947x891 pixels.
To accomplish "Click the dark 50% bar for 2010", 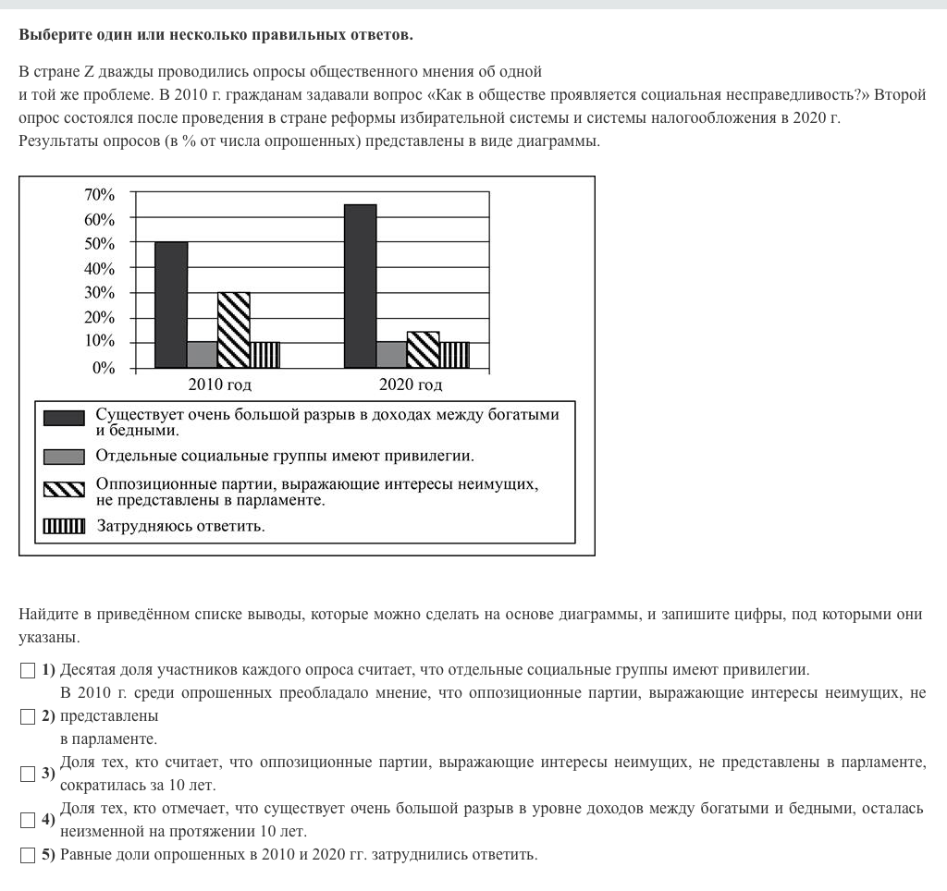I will pyautogui.click(x=171, y=305).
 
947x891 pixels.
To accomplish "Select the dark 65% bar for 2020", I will pyautogui.click(x=360, y=287).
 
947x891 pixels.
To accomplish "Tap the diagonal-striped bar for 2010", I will pyautogui.click(x=234, y=330).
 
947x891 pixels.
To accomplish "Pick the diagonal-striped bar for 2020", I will pyautogui.click(x=423, y=349).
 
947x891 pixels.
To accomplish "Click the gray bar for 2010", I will pyautogui.click(x=203, y=355).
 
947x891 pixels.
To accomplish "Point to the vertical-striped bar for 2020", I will pyautogui.click(x=454, y=355).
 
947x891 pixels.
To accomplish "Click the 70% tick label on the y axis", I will pyautogui.click(x=99, y=195).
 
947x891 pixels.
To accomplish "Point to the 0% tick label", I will pyautogui.click(x=104, y=368).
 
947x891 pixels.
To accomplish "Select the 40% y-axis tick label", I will pyautogui.click(x=99, y=269).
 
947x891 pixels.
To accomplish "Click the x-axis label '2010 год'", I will pyautogui.click(x=220, y=384).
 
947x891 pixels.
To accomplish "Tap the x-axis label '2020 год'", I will pyautogui.click(x=411, y=384).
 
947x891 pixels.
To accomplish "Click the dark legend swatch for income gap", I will pyautogui.click(x=64, y=419).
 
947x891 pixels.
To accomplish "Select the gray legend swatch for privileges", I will pyautogui.click(x=64, y=456).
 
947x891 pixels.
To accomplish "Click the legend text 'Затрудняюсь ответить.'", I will pyautogui.click(x=181, y=527).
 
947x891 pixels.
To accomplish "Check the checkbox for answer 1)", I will pyautogui.click(x=27, y=670).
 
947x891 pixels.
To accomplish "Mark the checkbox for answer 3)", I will pyautogui.click(x=27, y=774).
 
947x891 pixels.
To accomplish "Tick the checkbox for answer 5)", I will pyautogui.click(x=27, y=855).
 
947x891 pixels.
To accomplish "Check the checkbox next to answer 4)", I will pyautogui.click(x=27, y=820).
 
